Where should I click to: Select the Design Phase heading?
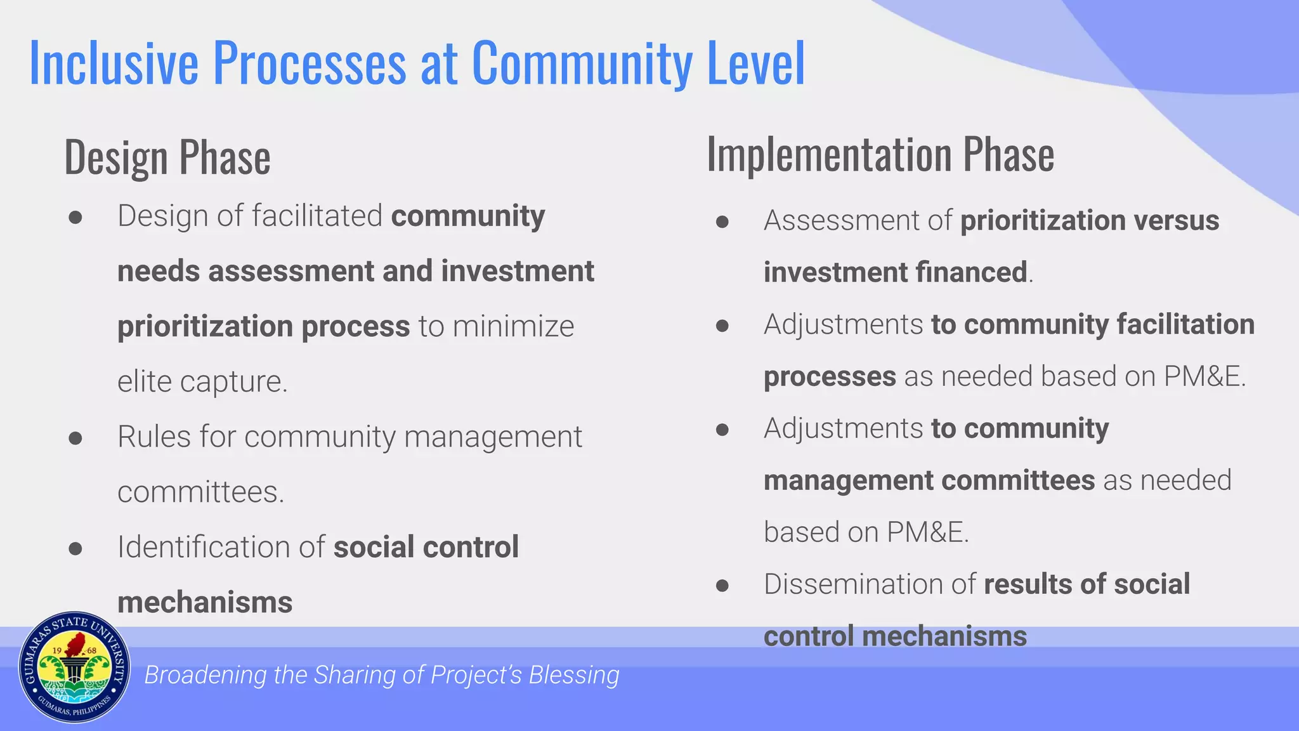167,157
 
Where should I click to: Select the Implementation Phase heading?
880,154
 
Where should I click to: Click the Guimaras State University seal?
75,668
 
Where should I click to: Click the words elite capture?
202,381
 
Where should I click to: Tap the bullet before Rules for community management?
75,438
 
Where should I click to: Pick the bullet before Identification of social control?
75,548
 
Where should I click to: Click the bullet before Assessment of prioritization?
722,221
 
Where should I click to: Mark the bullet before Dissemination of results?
722,585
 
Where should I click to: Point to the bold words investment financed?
895,272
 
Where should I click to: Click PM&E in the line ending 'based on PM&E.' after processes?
1203,376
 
